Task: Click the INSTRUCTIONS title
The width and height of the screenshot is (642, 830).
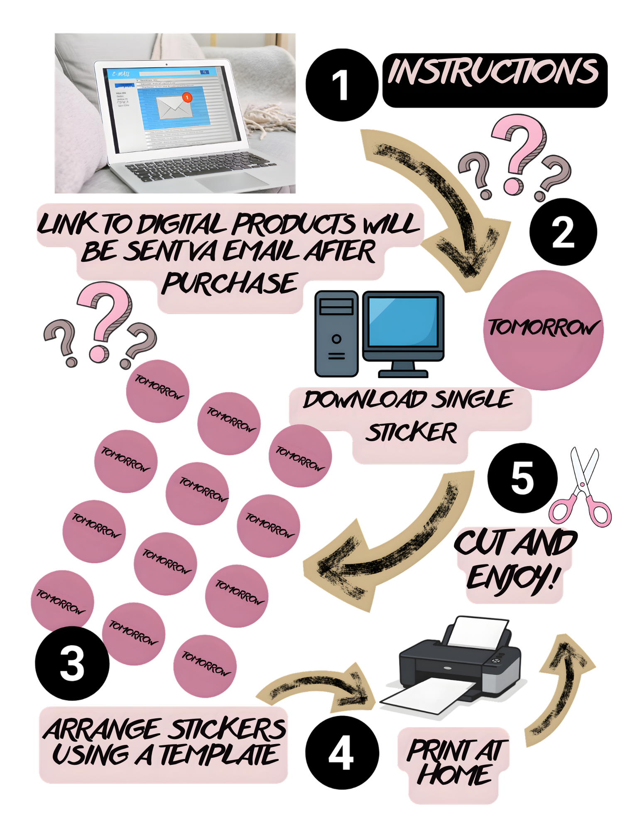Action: click(x=493, y=71)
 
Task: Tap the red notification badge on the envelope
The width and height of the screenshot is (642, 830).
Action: click(x=187, y=98)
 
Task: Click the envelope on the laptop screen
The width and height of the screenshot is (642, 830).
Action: click(x=173, y=107)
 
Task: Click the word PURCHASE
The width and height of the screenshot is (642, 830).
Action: click(x=230, y=284)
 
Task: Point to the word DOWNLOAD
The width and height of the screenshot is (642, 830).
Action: click(x=365, y=400)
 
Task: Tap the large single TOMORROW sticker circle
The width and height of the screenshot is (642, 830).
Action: click(x=543, y=330)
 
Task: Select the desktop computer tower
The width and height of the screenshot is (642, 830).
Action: click(x=336, y=334)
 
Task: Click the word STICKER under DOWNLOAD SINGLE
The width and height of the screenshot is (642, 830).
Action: click(x=411, y=433)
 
